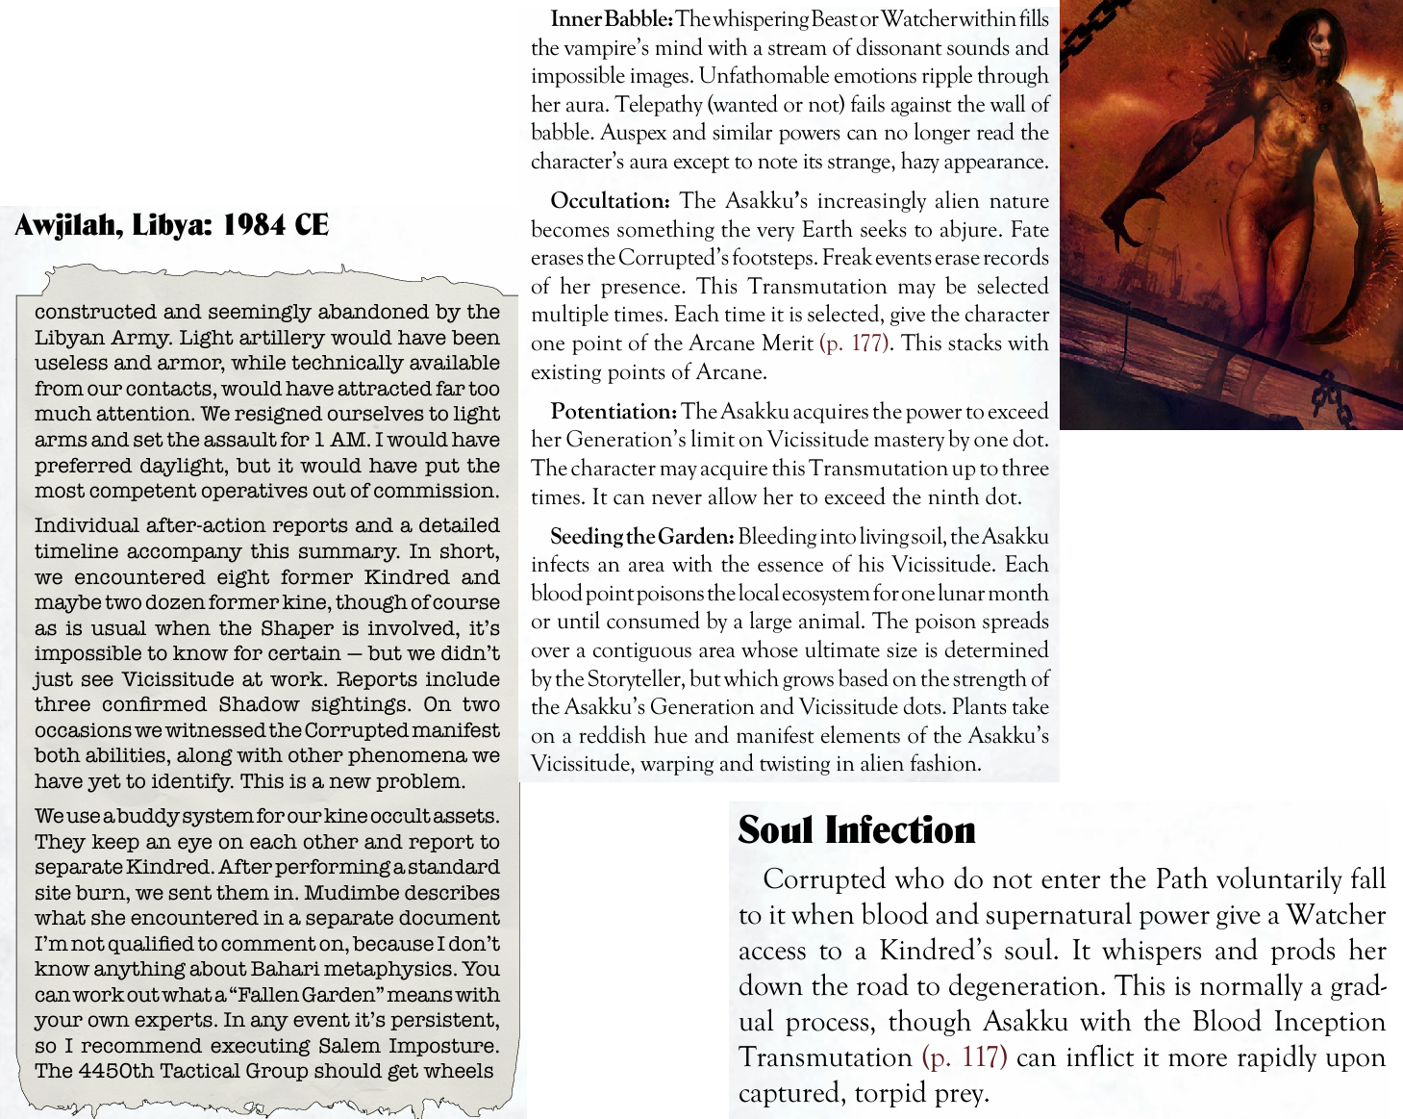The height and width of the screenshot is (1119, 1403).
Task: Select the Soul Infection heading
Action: [857, 830]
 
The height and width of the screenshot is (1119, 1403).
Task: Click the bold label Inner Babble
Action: [612, 18]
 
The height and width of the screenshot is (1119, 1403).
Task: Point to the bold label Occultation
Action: [610, 201]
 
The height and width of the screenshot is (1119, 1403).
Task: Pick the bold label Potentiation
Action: [614, 412]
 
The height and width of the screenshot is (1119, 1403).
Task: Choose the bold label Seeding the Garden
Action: [642, 536]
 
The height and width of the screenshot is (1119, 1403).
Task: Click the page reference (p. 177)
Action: [854, 343]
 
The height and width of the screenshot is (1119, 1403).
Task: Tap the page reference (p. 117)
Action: [965, 1057]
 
